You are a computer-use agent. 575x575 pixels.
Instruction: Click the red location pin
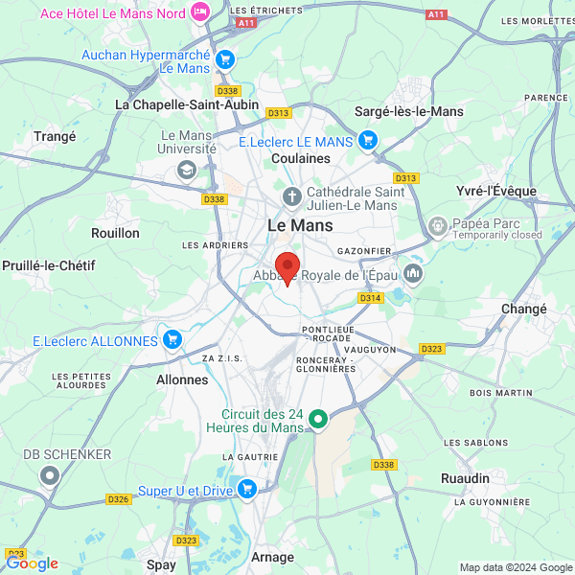[287, 266]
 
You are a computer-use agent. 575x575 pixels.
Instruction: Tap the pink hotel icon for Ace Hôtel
[199, 11]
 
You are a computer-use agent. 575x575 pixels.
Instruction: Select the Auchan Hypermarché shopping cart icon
[225, 59]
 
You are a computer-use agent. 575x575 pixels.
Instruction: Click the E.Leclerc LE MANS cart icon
[368, 141]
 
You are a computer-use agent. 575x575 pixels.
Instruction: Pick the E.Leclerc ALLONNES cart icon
[172, 340]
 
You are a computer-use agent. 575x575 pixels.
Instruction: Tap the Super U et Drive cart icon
[247, 490]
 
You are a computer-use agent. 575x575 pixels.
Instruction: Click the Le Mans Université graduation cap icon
[186, 170]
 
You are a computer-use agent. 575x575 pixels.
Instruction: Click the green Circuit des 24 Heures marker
[319, 420]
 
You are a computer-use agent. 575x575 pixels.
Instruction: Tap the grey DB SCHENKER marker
[50, 475]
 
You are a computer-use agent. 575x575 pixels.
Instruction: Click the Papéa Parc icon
[438, 227]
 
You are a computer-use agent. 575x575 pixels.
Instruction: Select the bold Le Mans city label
[300, 225]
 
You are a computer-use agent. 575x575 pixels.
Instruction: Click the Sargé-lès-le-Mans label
[409, 111]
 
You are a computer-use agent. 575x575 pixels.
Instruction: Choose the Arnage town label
[272, 557]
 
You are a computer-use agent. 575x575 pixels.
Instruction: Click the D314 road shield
[371, 298]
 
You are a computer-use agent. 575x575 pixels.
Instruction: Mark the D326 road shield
[119, 499]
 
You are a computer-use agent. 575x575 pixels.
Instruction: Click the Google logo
[32, 563]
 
